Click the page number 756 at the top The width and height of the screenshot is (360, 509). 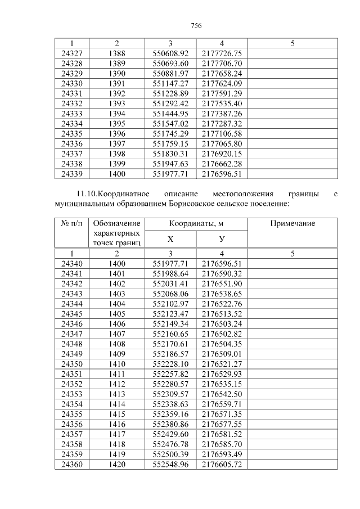pos(196,26)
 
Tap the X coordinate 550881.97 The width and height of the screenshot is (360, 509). pos(170,74)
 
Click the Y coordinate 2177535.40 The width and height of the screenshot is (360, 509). pos(222,103)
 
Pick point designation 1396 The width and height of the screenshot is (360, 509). pos(116,134)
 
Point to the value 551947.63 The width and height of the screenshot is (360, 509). pos(170,164)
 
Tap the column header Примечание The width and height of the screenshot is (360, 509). pos(292,224)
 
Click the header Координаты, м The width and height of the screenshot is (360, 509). pos(196,224)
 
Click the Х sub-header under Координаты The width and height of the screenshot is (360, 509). pos(170,240)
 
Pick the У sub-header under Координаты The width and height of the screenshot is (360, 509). pos(222,240)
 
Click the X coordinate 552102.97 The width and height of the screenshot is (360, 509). pos(170,304)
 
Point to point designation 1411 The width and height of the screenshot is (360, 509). pos(116,374)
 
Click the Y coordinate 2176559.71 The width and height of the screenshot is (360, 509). pos(222,404)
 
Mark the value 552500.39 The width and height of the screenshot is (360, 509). pos(170,454)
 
